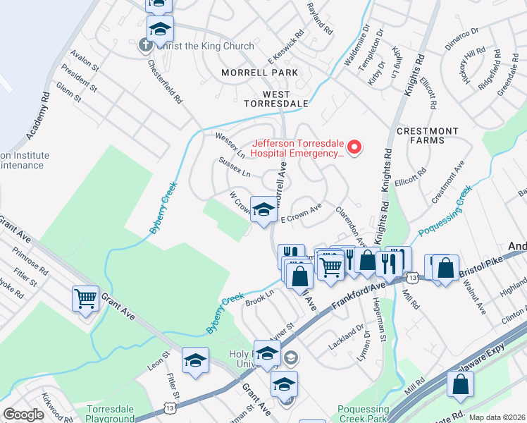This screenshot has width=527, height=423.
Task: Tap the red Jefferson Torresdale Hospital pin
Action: coord(354,147)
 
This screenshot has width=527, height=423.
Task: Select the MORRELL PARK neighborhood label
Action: coord(259,73)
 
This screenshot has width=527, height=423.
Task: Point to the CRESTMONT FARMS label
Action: coord(427,135)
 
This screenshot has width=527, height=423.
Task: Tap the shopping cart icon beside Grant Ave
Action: coord(85,298)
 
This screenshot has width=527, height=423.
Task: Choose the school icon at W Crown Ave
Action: coord(263,209)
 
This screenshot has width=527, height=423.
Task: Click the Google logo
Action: coord(23,415)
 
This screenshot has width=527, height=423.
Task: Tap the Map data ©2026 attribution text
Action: coord(497,417)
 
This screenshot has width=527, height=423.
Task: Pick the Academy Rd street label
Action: coord(38,115)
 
